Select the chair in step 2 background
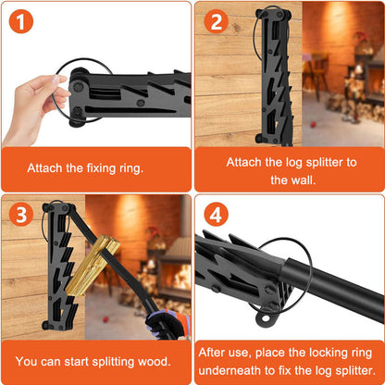click(x=317, y=74)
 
